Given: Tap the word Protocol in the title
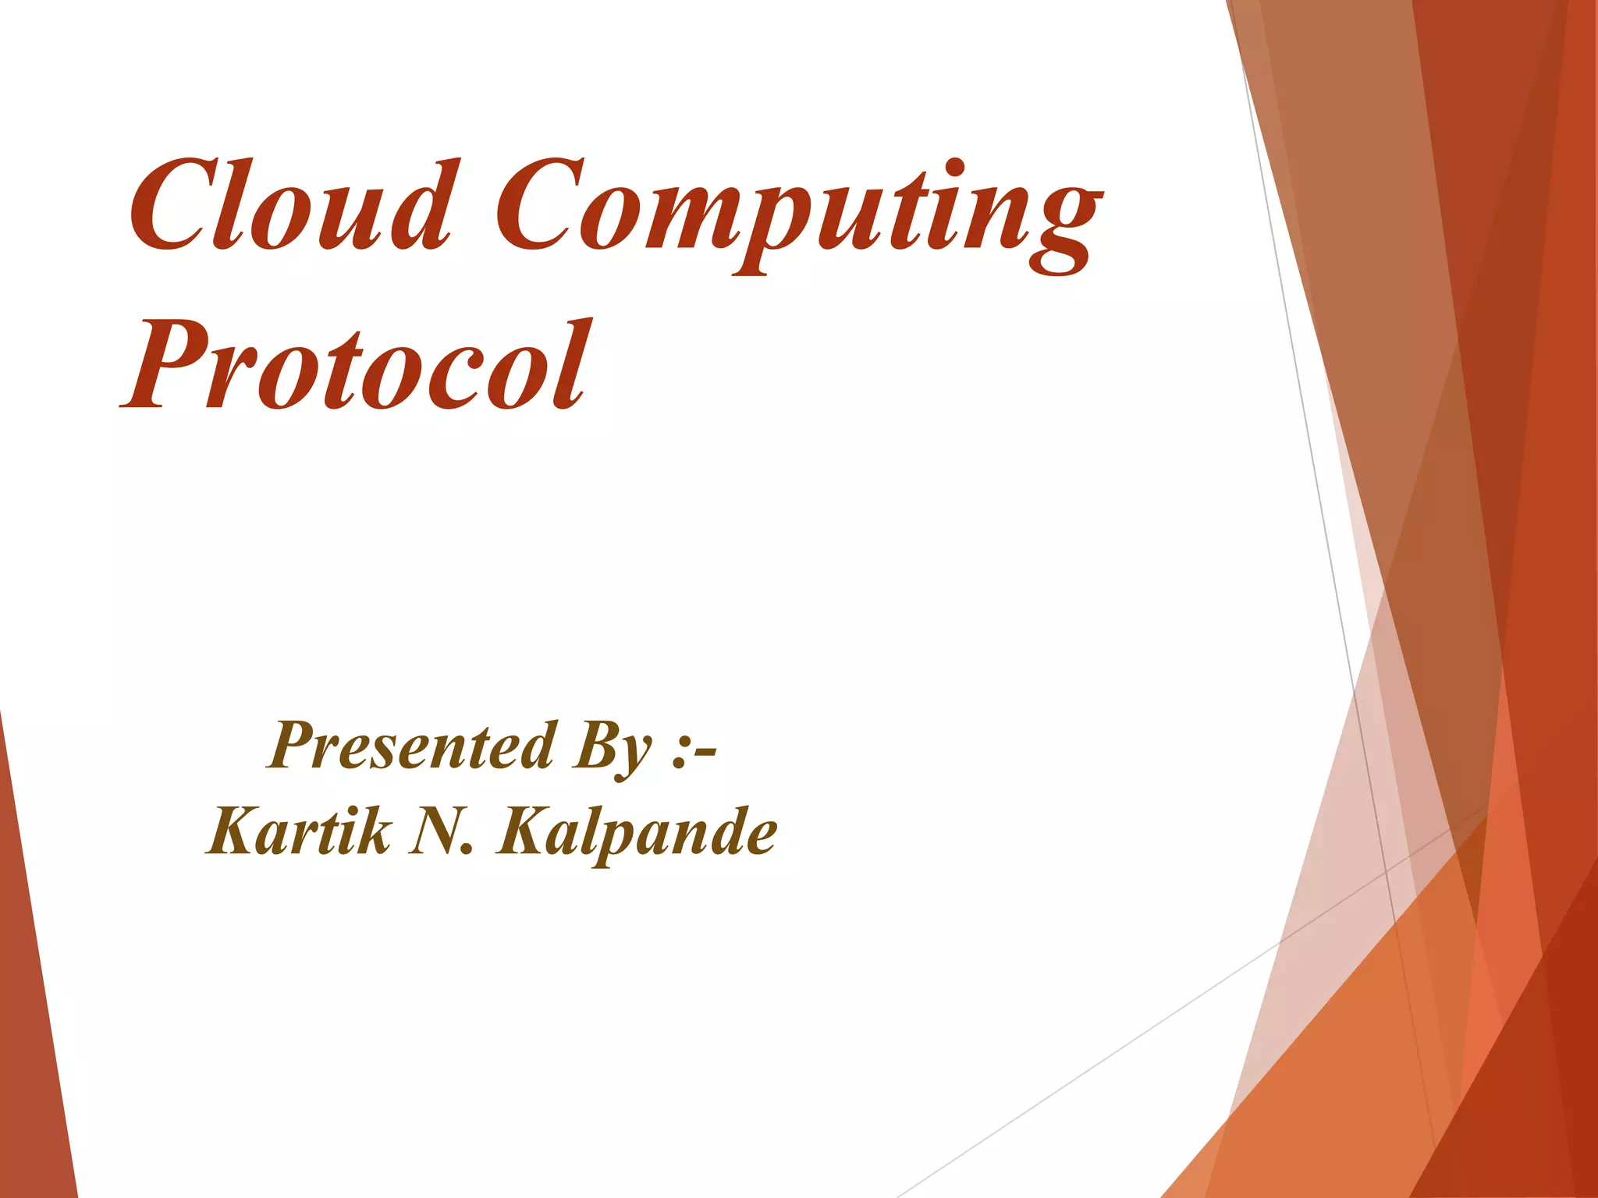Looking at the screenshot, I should [x=355, y=367].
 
